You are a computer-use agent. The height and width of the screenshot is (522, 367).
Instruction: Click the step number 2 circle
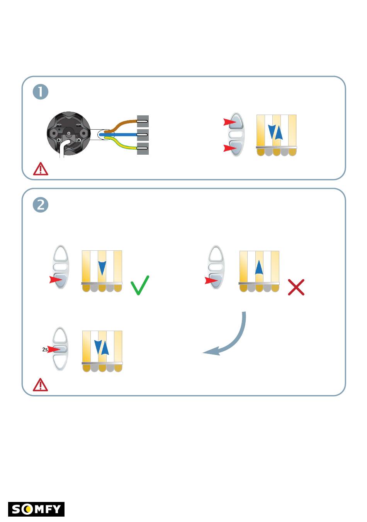click(40, 205)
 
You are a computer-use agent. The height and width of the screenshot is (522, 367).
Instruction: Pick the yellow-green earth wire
click(121, 143)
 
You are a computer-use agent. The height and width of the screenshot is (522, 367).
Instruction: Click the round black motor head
click(69, 133)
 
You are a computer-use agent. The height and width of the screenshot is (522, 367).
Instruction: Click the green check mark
click(139, 285)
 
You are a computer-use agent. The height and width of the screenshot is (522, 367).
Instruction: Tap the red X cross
click(296, 287)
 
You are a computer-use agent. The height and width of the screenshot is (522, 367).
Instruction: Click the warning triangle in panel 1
click(40, 169)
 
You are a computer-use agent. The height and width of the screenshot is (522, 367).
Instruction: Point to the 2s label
click(45, 350)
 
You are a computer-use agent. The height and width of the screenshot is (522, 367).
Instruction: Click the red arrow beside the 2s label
click(54, 349)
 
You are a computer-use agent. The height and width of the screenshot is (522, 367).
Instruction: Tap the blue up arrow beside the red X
click(259, 267)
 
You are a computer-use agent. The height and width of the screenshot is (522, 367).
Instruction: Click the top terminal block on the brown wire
click(143, 121)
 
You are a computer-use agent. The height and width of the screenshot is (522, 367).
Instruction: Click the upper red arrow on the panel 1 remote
click(230, 122)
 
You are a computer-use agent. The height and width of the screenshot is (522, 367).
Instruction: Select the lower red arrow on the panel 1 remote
click(230, 148)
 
